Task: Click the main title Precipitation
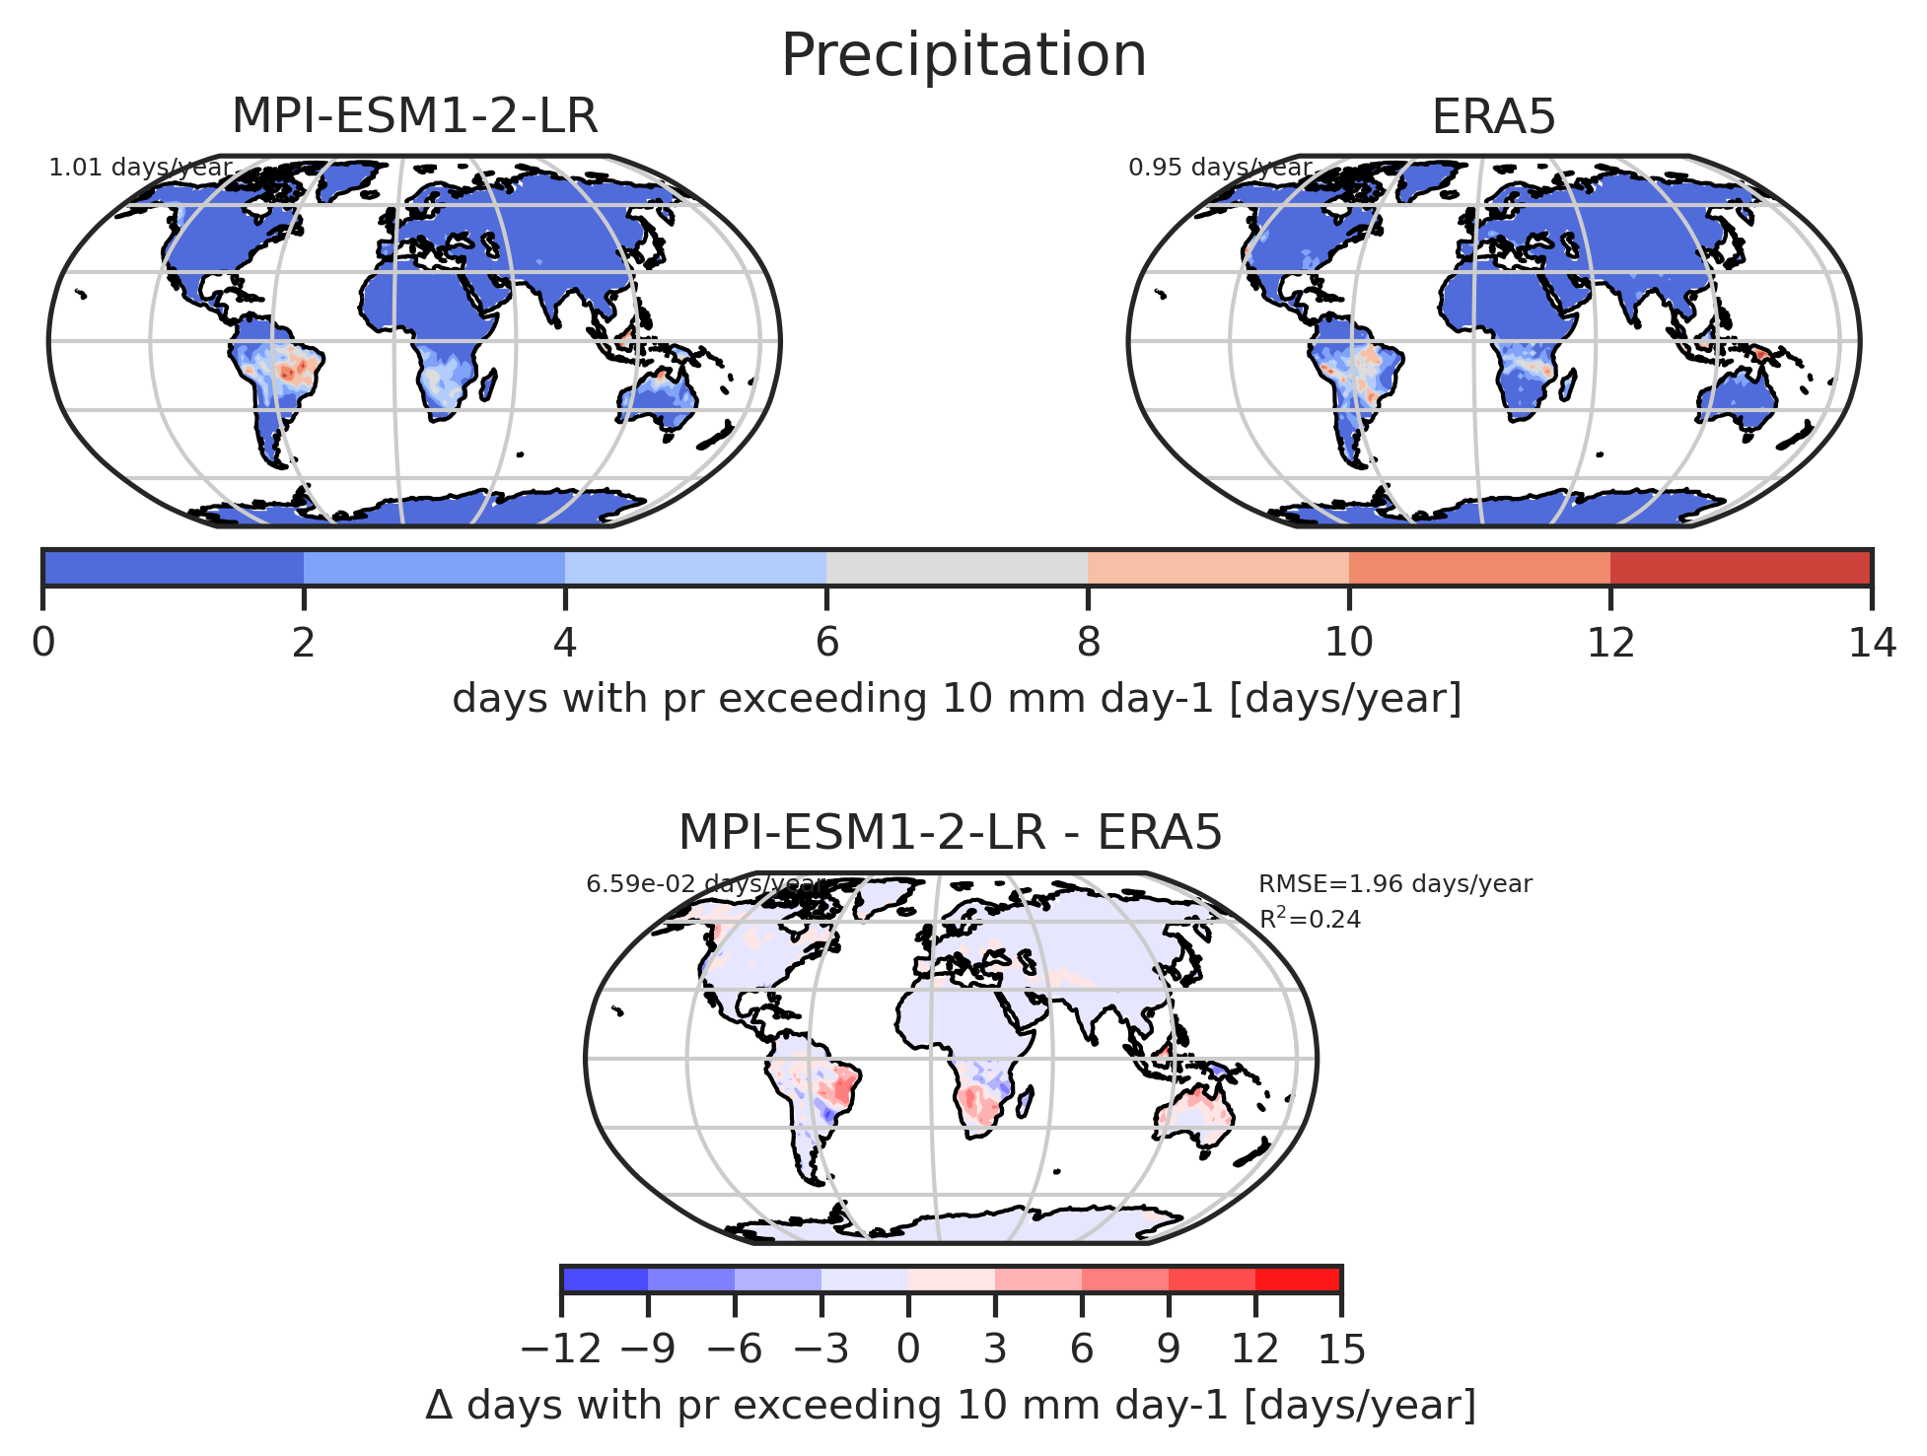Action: [963, 55]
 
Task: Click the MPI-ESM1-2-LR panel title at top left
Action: [414, 117]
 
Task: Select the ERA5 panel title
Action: [1493, 118]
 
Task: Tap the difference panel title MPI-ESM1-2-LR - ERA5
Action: [951, 833]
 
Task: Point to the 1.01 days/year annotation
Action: [140, 168]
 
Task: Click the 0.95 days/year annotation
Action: [1220, 168]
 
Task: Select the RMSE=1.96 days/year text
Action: [1395, 884]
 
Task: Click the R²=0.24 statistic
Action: [1310, 919]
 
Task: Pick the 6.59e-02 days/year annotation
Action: [704, 884]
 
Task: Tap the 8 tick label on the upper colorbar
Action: [1088, 644]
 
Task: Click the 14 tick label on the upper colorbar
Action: [1872, 644]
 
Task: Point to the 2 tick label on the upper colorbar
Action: [304, 644]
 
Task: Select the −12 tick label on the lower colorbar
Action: [561, 1350]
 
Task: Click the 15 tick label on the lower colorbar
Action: [1342, 1350]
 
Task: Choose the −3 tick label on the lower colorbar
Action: [821, 1350]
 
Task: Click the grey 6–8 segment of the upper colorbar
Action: [957, 567]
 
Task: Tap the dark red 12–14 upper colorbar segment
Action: [1741, 567]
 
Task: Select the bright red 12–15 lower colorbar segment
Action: [1298, 1279]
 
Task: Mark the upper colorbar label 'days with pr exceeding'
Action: [689, 699]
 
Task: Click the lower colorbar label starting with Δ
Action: [951, 1406]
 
